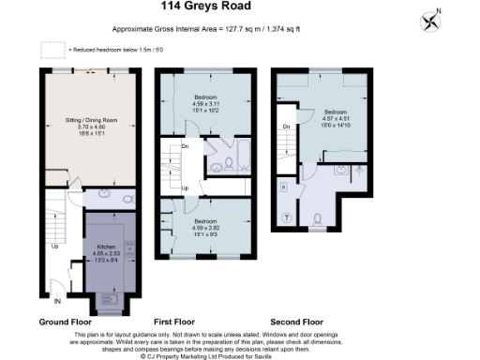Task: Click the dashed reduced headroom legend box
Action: pyautogui.click(x=52, y=50)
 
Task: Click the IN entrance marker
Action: pyautogui.click(x=57, y=302)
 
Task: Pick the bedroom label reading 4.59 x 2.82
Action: pyautogui.click(x=208, y=226)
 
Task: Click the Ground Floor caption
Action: pyautogui.click(x=63, y=322)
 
